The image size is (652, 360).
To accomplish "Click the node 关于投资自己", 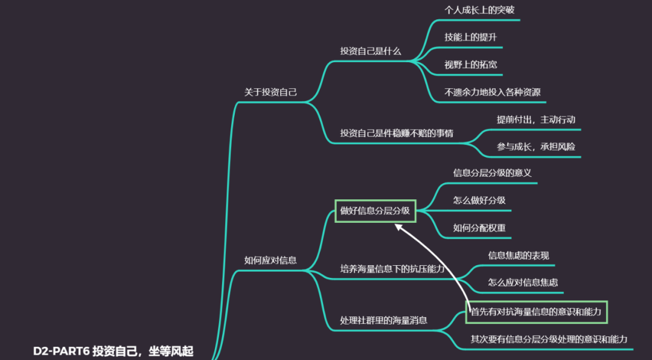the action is click(x=270, y=92).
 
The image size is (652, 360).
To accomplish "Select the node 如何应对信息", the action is click(x=270, y=260).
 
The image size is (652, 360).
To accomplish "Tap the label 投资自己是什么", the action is click(x=371, y=51).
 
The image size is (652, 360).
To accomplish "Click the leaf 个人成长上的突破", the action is click(x=479, y=10).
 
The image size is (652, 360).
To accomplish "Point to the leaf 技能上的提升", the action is click(x=471, y=37).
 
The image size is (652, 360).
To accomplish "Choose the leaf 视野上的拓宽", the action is click(x=471, y=65).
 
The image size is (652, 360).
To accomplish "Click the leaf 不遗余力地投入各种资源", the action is click(x=492, y=92).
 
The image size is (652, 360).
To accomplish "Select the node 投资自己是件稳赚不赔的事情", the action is click(x=397, y=133).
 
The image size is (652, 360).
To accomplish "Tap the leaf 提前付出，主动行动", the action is click(x=536, y=120).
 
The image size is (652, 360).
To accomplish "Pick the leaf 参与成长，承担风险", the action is click(x=536, y=147).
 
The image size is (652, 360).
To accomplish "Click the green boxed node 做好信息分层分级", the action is click(x=375, y=211).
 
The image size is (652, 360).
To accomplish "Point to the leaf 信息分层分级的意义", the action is click(x=492, y=173).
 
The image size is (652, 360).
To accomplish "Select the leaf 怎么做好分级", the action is click(x=479, y=201).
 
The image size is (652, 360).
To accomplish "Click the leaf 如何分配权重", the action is click(x=479, y=228).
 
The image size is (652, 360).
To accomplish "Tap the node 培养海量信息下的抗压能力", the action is click(x=392, y=269).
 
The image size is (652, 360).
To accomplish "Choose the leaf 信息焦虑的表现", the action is click(x=519, y=256).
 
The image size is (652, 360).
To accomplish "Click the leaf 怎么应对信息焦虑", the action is click(x=523, y=282).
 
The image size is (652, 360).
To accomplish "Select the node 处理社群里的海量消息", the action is click(x=383, y=320).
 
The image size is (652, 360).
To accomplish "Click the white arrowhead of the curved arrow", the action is click(x=398, y=227).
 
